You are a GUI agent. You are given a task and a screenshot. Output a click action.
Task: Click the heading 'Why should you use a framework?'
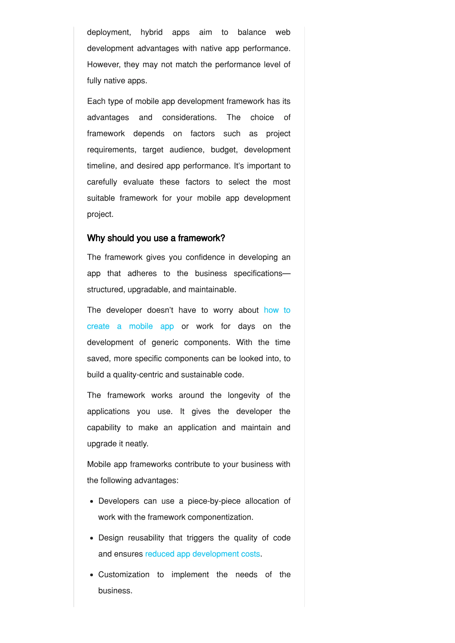156,238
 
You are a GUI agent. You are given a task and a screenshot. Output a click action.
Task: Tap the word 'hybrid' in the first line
151,32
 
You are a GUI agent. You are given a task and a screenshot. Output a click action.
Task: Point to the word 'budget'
224,150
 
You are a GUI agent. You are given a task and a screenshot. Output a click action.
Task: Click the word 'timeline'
101,166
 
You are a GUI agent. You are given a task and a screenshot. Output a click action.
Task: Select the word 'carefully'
102,182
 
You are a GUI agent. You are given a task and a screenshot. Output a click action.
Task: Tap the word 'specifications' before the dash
258,273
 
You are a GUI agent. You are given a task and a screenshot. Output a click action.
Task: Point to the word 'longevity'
243,395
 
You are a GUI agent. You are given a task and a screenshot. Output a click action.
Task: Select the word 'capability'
104,428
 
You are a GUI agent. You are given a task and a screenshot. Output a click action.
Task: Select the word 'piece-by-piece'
214,501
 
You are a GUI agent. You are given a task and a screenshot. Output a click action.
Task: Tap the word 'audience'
186,150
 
